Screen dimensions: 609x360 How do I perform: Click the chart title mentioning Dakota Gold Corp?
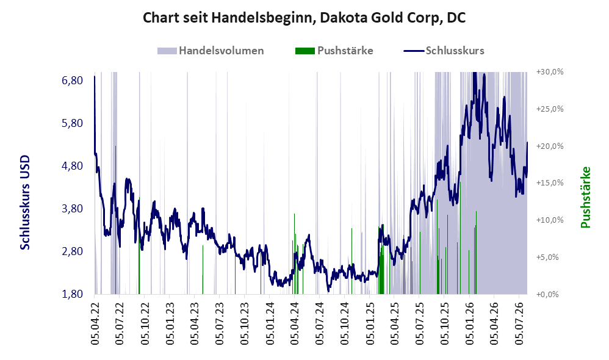[304, 18]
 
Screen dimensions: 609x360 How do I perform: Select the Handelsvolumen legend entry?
[211, 51]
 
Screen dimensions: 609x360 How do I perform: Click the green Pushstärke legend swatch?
[305, 51]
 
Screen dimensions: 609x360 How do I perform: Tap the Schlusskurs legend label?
[455, 51]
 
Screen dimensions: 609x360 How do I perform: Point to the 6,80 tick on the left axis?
[72, 81]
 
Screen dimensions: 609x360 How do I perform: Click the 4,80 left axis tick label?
[72, 166]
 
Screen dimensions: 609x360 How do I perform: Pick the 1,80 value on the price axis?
[72, 294]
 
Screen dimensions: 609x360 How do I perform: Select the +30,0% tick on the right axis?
[550, 72]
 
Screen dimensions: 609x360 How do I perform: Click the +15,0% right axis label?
[550, 183]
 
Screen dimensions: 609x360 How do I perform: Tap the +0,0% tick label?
[547, 294]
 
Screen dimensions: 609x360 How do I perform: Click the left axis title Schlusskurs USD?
[25, 203]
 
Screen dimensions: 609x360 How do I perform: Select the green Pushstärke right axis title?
[585, 197]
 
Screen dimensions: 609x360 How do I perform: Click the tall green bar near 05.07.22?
[116, 220]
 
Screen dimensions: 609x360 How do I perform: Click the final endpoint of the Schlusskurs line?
[527, 143]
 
